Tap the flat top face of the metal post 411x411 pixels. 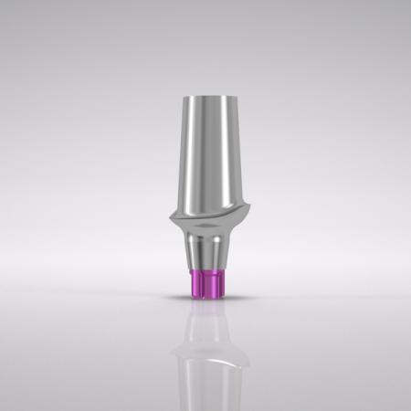tap(205, 95)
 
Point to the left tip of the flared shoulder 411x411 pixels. tap(169, 220)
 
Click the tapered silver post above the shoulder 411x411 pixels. tap(206, 155)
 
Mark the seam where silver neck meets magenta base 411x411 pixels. tap(205, 270)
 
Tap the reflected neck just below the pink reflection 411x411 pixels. tap(205, 331)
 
